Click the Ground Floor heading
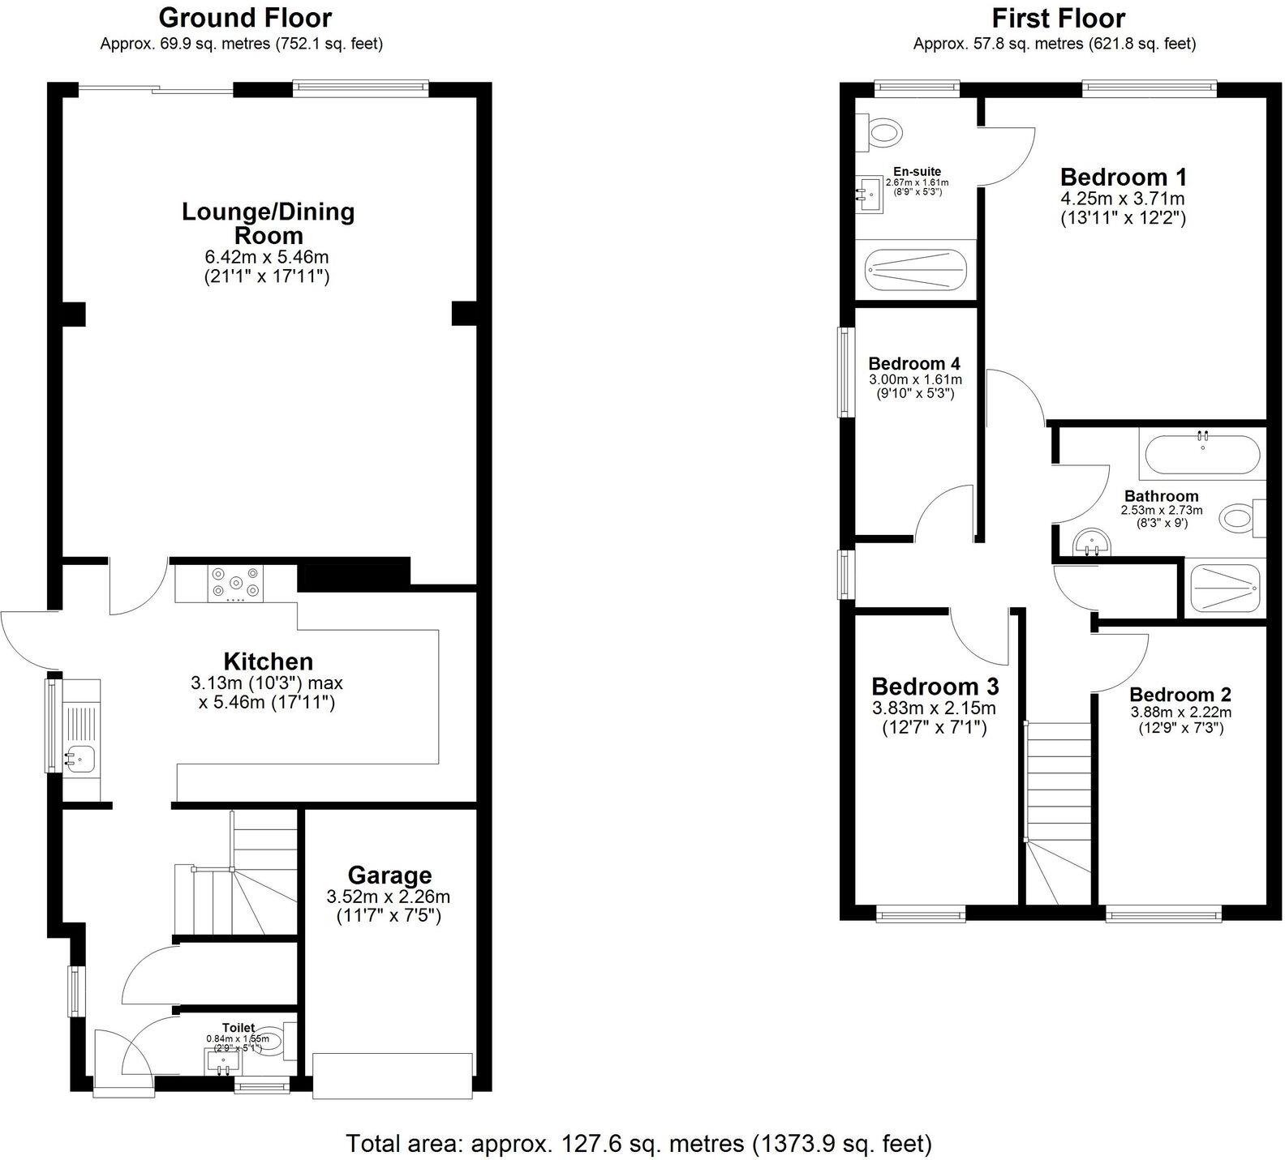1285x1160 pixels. (244, 17)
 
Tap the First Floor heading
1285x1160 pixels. (1058, 17)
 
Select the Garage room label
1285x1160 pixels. (389, 875)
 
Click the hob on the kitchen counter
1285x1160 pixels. (235, 582)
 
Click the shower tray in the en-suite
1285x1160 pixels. (916, 268)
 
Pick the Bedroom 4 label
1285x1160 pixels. (915, 363)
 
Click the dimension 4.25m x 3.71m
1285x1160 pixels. (1123, 198)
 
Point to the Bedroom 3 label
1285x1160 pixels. (935, 687)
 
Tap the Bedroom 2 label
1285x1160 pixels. (1180, 695)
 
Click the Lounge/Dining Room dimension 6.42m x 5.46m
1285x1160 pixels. (267, 257)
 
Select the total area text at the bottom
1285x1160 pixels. (639, 1143)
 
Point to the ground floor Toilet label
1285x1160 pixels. (239, 1028)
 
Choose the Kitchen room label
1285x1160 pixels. (268, 661)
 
